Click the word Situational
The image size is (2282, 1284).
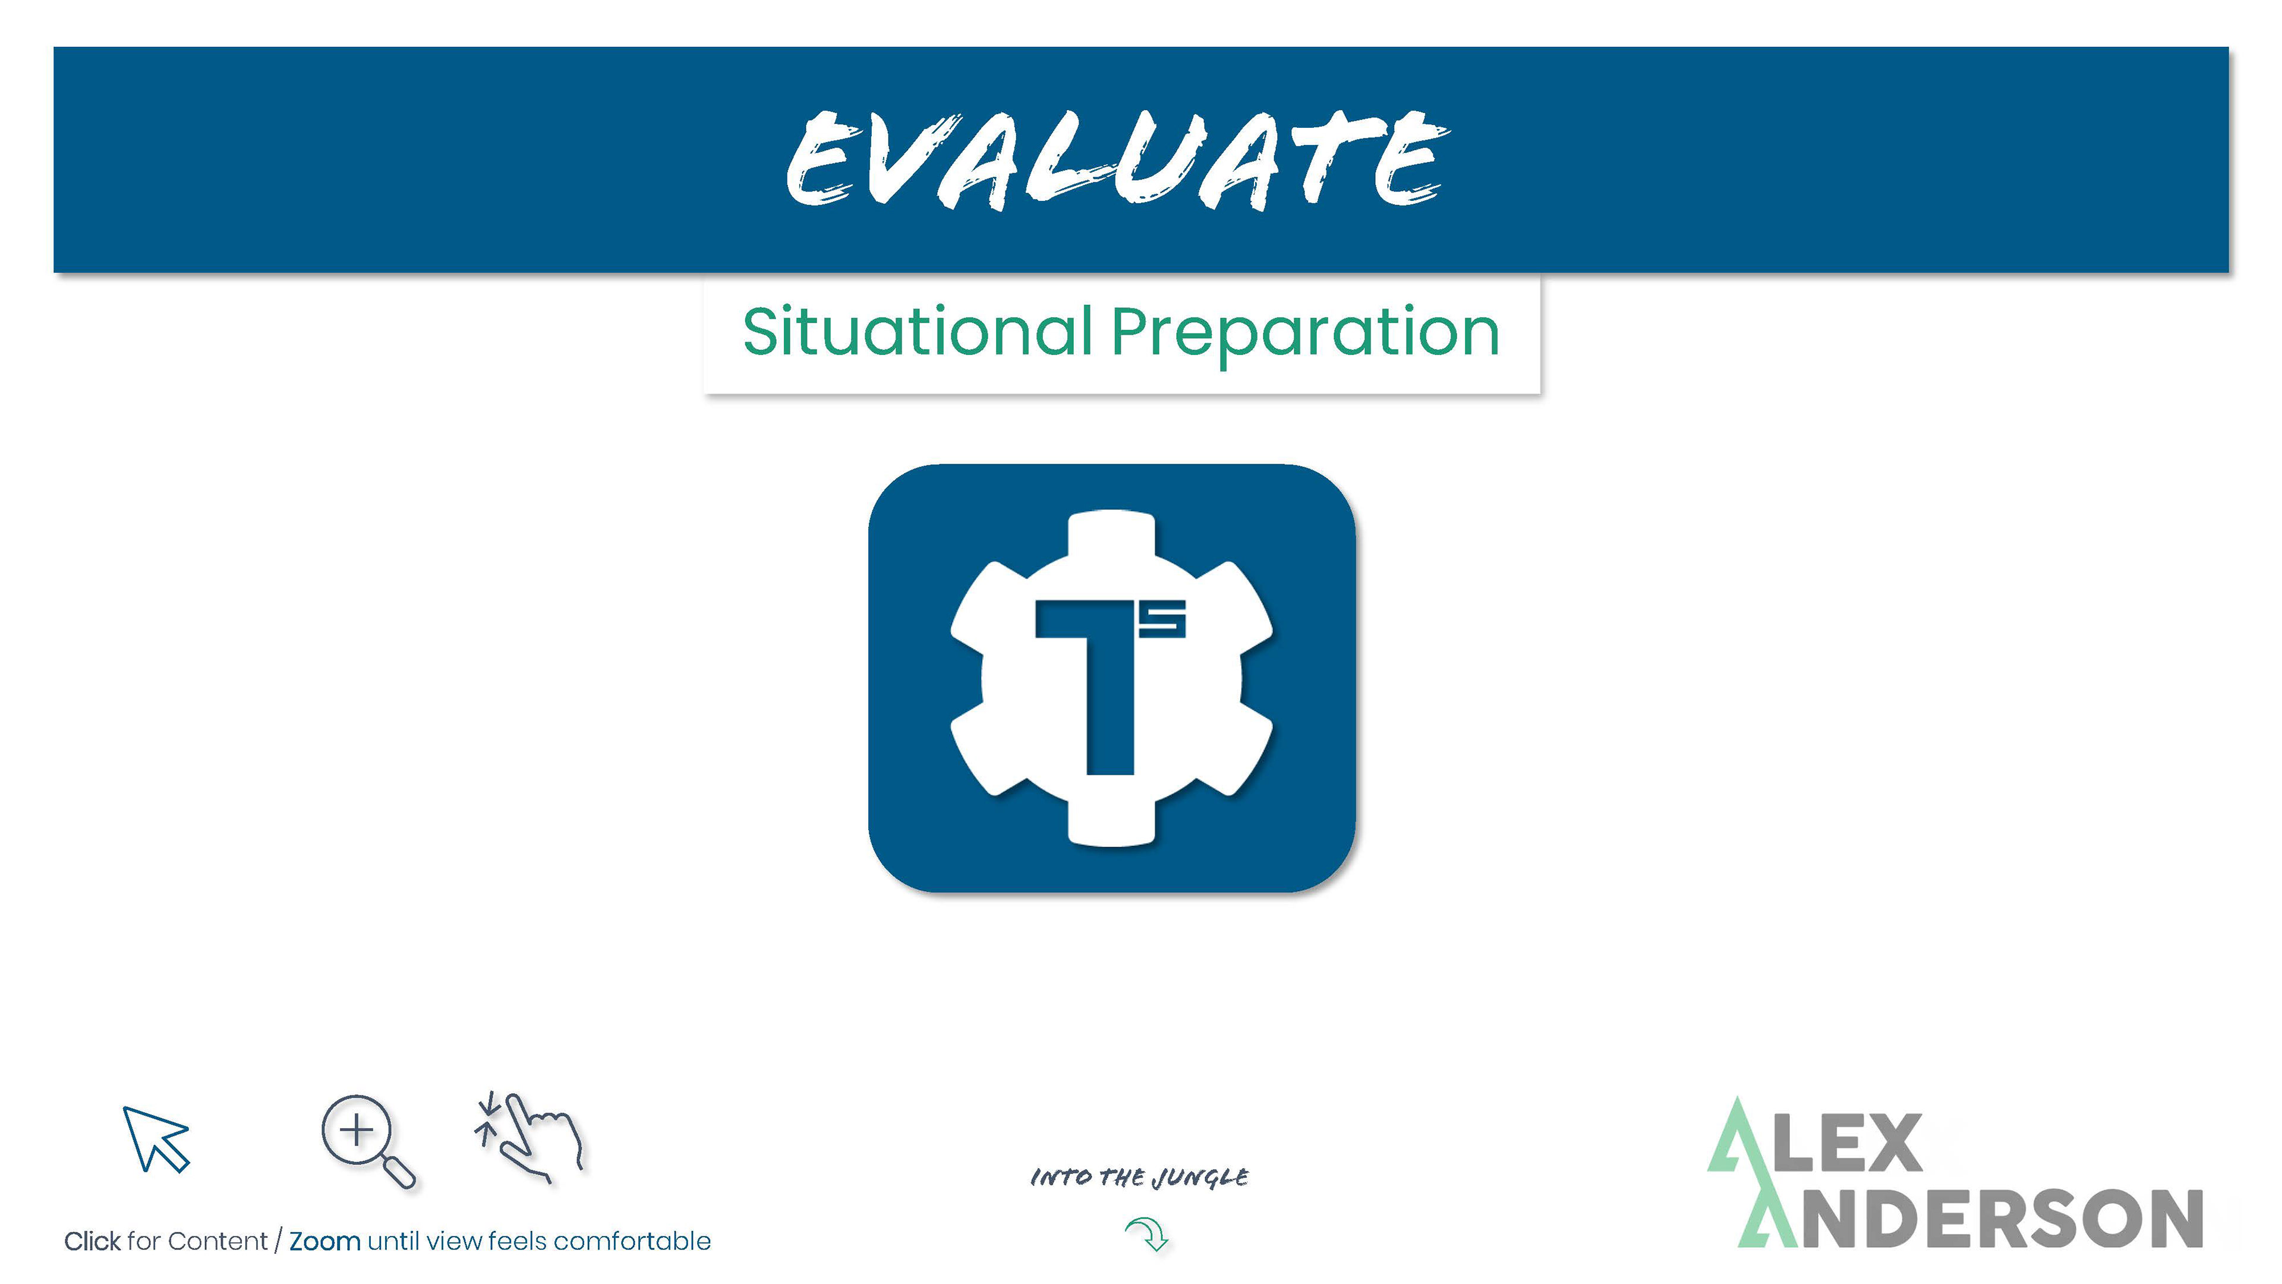(x=918, y=333)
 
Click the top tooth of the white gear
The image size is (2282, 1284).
(x=1112, y=536)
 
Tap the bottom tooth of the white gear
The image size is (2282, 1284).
(x=1112, y=820)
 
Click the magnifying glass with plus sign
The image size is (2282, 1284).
(x=367, y=1141)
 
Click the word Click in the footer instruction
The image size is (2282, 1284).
(x=92, y=1241)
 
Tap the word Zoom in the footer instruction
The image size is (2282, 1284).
(x=325, y=1241)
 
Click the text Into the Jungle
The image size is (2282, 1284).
(x=1139, y=1178)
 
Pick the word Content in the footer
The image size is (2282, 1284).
(x=217, y=1241)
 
